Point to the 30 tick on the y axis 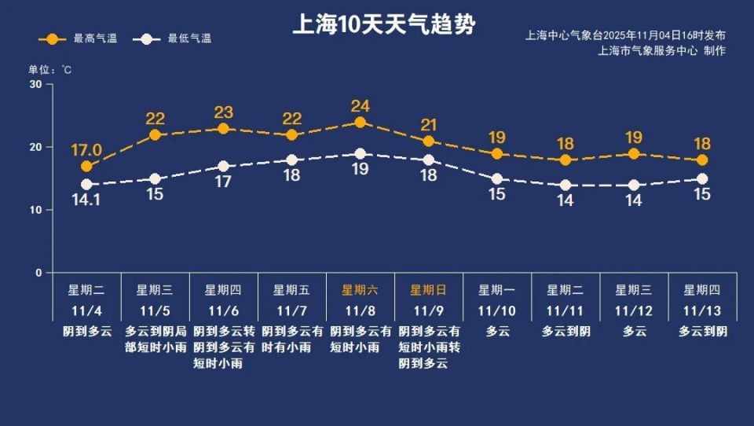pyautogui.click(x=35, y=85)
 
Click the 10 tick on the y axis pyautogui.click(x=35, y=211)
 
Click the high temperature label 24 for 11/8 pyautogui.click(x=360, y=106)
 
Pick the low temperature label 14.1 pyautogui.click(x=86, y=200)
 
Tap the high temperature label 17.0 pyautogui.click(x=86, y=150)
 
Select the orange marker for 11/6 pyautogui.click(x=223, y=129)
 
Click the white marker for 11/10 pyautogui.click(x=497, y=179)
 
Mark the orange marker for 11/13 pyautogui.click(x=702, y=160)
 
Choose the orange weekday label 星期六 pyautogui.click(x=360, y=290)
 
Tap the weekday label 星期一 pyautogui.click(x=497, y=290)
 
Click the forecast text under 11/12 pyautogui.click(x=634, y=332)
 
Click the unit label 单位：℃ pyautogui.click(x=51, y=70)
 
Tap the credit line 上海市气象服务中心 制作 pyautogui.click(x=661, y=51)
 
